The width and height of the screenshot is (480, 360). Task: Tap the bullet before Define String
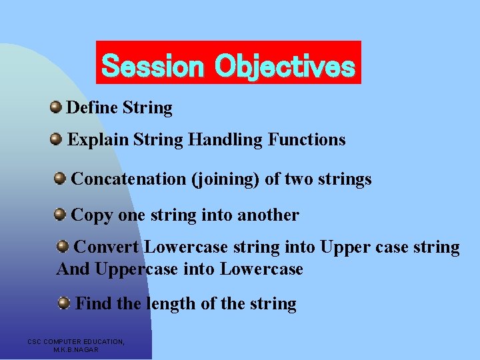(x=56, y=107)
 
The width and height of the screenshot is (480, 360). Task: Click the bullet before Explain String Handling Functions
(x=56, y=139)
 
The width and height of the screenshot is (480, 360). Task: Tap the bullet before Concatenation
(x=60, y=177)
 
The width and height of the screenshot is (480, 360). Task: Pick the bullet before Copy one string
(x=60, y=214)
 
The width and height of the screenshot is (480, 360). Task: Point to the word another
(x=268, y=215)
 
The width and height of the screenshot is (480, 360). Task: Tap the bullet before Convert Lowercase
(x=63, y=247)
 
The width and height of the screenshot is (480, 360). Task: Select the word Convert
(x=106, y=247)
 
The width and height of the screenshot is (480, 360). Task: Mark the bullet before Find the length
(x=63, y=303)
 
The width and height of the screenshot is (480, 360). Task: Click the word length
(x=170, y=304)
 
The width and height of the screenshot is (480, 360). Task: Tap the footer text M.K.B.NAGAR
(x=76, y=349)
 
